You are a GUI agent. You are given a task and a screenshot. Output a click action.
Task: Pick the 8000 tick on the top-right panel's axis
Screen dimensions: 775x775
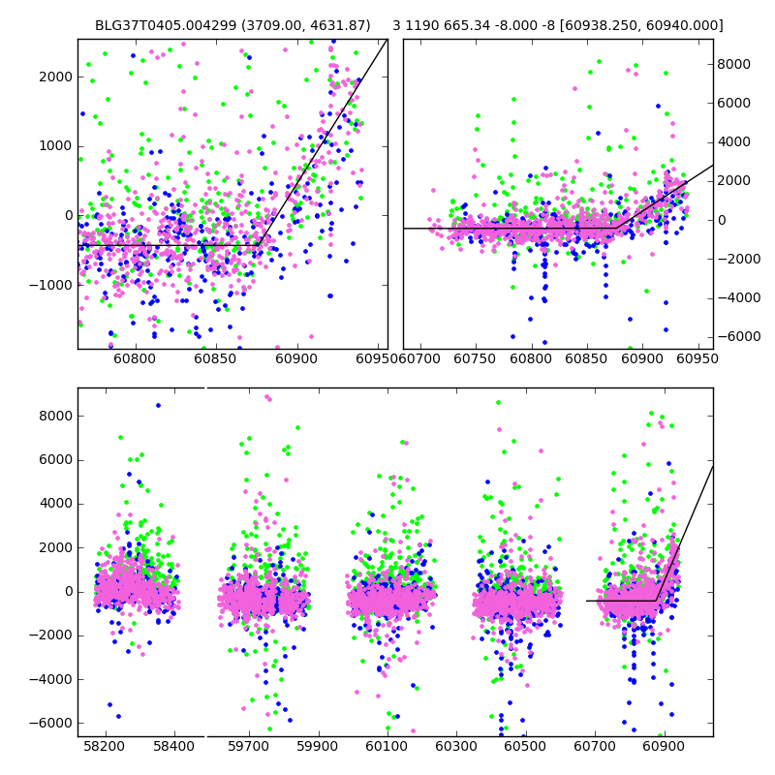coord(735,64)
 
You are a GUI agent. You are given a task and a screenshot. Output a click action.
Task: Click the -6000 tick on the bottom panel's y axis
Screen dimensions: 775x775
coord(50,723)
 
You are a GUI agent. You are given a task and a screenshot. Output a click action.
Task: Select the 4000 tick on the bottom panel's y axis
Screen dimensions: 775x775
coord(54,504)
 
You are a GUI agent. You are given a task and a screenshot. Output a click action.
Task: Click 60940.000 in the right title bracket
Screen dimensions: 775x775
coord(689,25)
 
